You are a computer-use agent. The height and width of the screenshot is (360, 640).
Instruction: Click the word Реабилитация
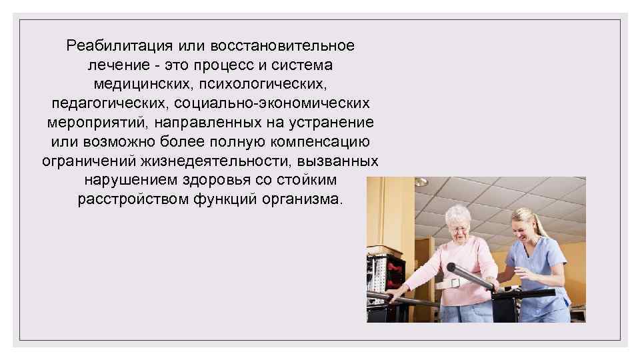[119, 46]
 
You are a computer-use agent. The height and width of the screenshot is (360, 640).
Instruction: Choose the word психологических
[267, 85]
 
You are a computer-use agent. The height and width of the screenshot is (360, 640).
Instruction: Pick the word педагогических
[107, 104]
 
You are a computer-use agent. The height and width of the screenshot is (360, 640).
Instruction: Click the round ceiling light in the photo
[420, 182]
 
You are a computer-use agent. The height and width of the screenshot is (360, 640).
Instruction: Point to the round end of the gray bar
[451, 267]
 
